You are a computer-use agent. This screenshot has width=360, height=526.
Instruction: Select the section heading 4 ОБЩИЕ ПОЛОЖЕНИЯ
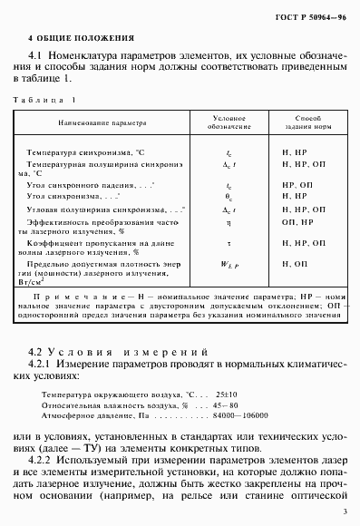[81, 39]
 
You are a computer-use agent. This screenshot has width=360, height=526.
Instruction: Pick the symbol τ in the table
[228, 244]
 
